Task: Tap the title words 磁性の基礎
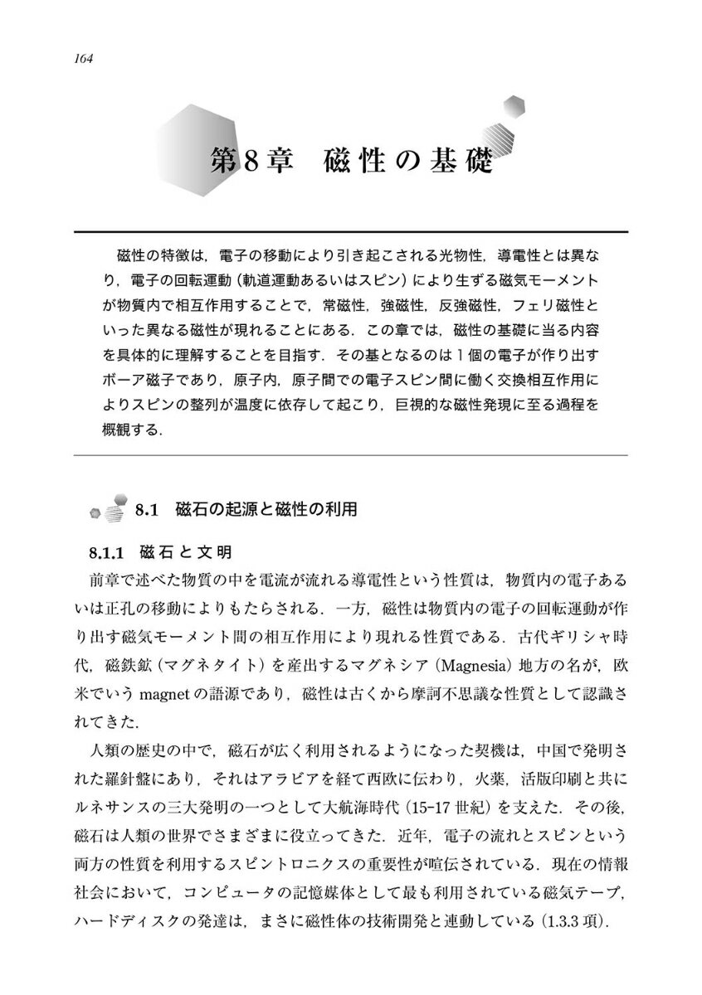pos(411,160)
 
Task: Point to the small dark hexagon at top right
pos(515,105)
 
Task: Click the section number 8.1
pos(146,509)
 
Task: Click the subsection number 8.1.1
pos(106,552)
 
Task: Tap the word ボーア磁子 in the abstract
pos(145,384)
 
